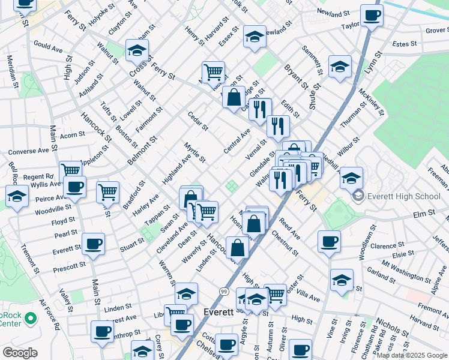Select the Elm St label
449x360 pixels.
click(424, 213)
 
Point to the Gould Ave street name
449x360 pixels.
click(48, 47)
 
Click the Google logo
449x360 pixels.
click(20, 353)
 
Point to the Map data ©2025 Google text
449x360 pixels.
click(412, 355)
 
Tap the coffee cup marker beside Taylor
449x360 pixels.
click(372, 16)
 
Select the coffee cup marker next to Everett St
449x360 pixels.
click(94, 244)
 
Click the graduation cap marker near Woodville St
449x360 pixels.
click(16, 196)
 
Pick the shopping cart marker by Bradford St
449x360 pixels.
click(107, 193)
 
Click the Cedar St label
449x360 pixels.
click(197, 121)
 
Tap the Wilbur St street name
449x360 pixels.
click(348, 147)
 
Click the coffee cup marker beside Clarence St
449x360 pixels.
click(329, 242)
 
